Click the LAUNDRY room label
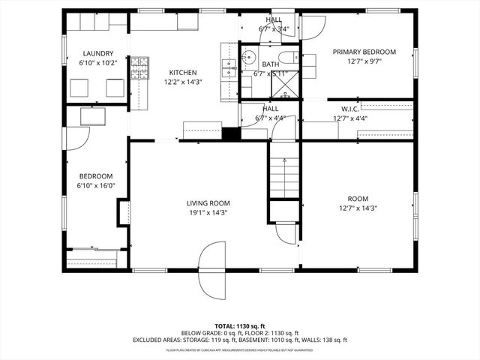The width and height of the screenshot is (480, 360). pos(98,53)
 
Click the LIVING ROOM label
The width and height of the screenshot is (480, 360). pos(208,202)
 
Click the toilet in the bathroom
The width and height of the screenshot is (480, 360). pos(286,58)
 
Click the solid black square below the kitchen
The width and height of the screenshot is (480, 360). pos(231,134)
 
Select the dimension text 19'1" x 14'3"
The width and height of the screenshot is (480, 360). pos(208,212)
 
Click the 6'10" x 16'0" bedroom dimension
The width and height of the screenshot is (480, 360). pos(95,185)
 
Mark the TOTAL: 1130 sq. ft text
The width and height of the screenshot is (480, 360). pos(240,325)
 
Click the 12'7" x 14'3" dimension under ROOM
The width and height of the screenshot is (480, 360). pos(358,208)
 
